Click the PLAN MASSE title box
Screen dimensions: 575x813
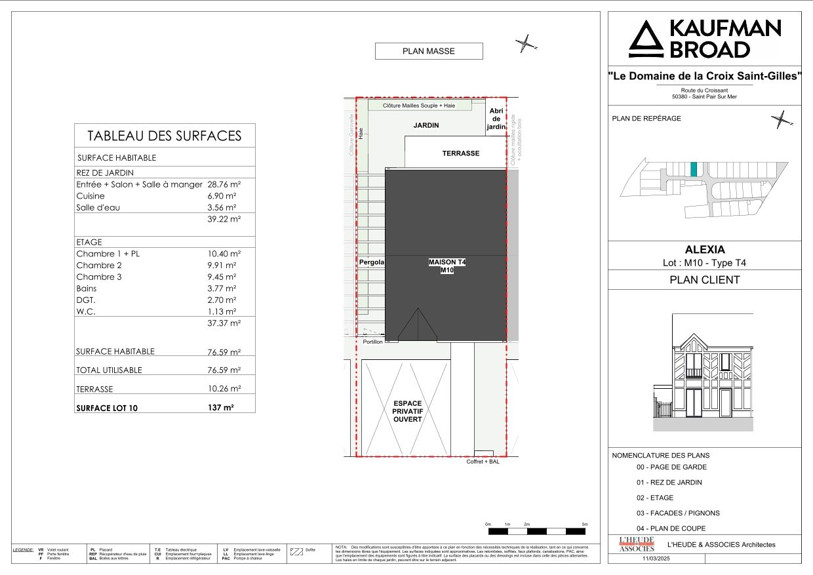428,51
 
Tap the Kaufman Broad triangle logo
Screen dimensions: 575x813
646,39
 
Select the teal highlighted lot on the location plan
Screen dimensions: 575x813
694,169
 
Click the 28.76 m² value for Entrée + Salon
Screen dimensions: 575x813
224,185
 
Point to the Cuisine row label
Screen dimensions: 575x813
90,196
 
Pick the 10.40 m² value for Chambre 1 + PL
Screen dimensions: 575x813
224,254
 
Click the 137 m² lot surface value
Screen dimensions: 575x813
221,407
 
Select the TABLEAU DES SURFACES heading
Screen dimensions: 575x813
165,136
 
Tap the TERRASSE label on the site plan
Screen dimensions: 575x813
461,153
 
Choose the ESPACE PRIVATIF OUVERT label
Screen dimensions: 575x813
407,411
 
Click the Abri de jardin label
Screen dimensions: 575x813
496,119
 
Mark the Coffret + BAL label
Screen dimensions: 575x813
483,462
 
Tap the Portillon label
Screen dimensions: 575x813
372,342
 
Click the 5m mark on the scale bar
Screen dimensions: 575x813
585,525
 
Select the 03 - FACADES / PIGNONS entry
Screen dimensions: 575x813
677,513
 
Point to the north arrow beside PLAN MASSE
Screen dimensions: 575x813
526,45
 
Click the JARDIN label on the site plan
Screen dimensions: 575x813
426,125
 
